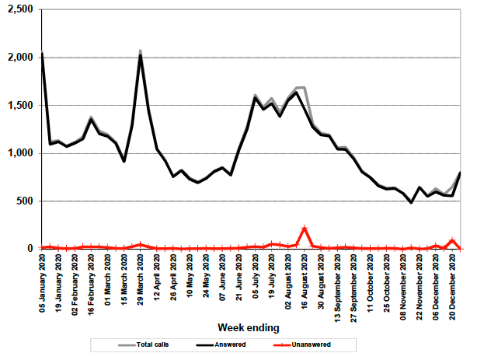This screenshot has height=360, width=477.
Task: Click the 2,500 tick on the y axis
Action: tap(17, 9)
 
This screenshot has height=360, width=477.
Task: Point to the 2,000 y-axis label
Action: tap(17, 58)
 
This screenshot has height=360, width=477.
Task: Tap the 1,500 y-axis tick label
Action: tap(17, 105)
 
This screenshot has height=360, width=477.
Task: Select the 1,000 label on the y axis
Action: tap(17, 153)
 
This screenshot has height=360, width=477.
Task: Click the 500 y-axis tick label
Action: tap(23, 201)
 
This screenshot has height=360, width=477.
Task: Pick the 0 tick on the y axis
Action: tap(30, 249)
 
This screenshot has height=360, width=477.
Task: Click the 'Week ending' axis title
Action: tap(249, 327)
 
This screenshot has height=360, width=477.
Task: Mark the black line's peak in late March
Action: tap(141, 55)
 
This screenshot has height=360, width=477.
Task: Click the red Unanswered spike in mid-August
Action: tap(305, 228)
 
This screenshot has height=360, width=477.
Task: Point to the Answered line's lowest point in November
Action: tap(412, 202)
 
